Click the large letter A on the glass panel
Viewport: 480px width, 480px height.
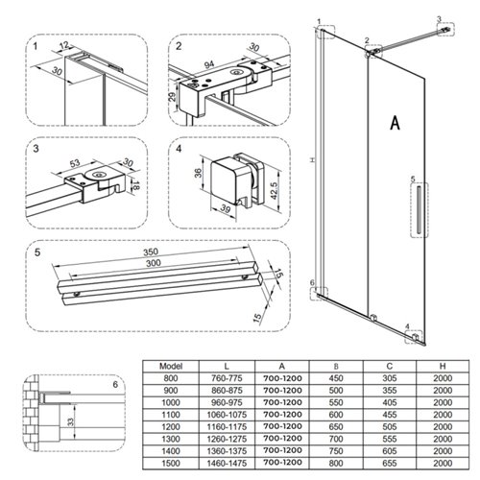tap(396, 122)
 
